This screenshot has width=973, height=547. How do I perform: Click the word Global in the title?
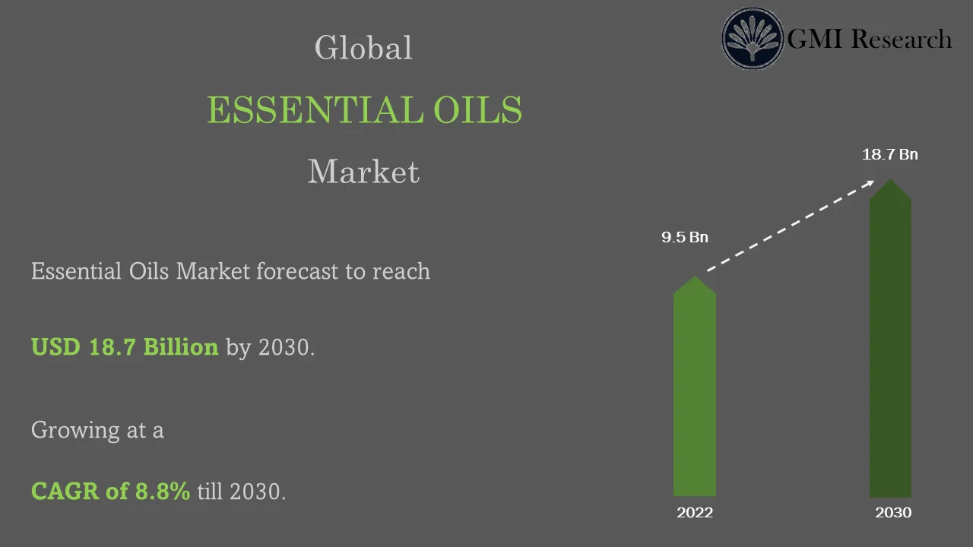click(363, 49)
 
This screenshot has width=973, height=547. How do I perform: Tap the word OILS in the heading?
click(478, 110)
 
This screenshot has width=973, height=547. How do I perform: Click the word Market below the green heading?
click(363, 172)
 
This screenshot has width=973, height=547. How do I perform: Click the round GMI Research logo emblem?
click(752, 39)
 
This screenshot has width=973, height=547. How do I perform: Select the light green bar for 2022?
click(695, 395)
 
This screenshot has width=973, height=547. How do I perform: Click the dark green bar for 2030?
click(890, 349)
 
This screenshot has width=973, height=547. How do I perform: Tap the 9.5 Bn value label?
click(684, 238)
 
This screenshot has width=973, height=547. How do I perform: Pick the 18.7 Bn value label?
click(889, 155)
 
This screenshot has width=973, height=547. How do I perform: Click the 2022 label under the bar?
click(695, 513)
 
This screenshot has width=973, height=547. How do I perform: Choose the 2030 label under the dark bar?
click(893, 513)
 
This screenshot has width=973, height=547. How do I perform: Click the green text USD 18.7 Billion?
click(125, 347)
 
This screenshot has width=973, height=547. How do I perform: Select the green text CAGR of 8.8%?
click(110, 492)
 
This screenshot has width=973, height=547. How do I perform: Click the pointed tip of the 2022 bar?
click(695, 278)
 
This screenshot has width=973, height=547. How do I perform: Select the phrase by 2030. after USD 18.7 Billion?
click(270, 348)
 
